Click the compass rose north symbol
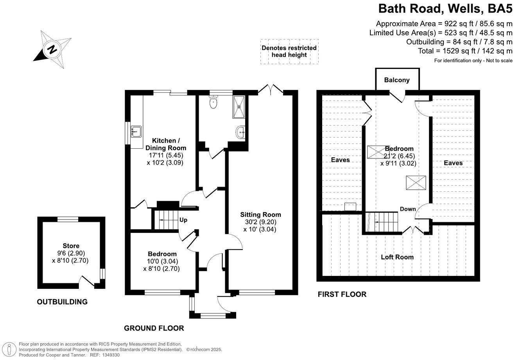tap(52, 49)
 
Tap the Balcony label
tap(397, 80)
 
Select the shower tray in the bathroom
tap(238, 106)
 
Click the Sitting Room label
tap(260, 214)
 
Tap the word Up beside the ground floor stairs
tap(183, 220)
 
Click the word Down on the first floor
tap(407, 209)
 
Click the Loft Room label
tap(397, 257)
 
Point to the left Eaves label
tap(340, 160)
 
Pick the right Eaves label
tap(453, 163)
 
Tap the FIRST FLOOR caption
tap(342, 294)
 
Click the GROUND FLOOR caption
tap(154, 328)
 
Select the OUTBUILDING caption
tap(62, 302)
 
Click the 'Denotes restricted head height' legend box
tap(289, 51)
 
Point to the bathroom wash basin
tap(241, 132)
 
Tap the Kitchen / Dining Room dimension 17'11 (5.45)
tap(165, 155)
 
